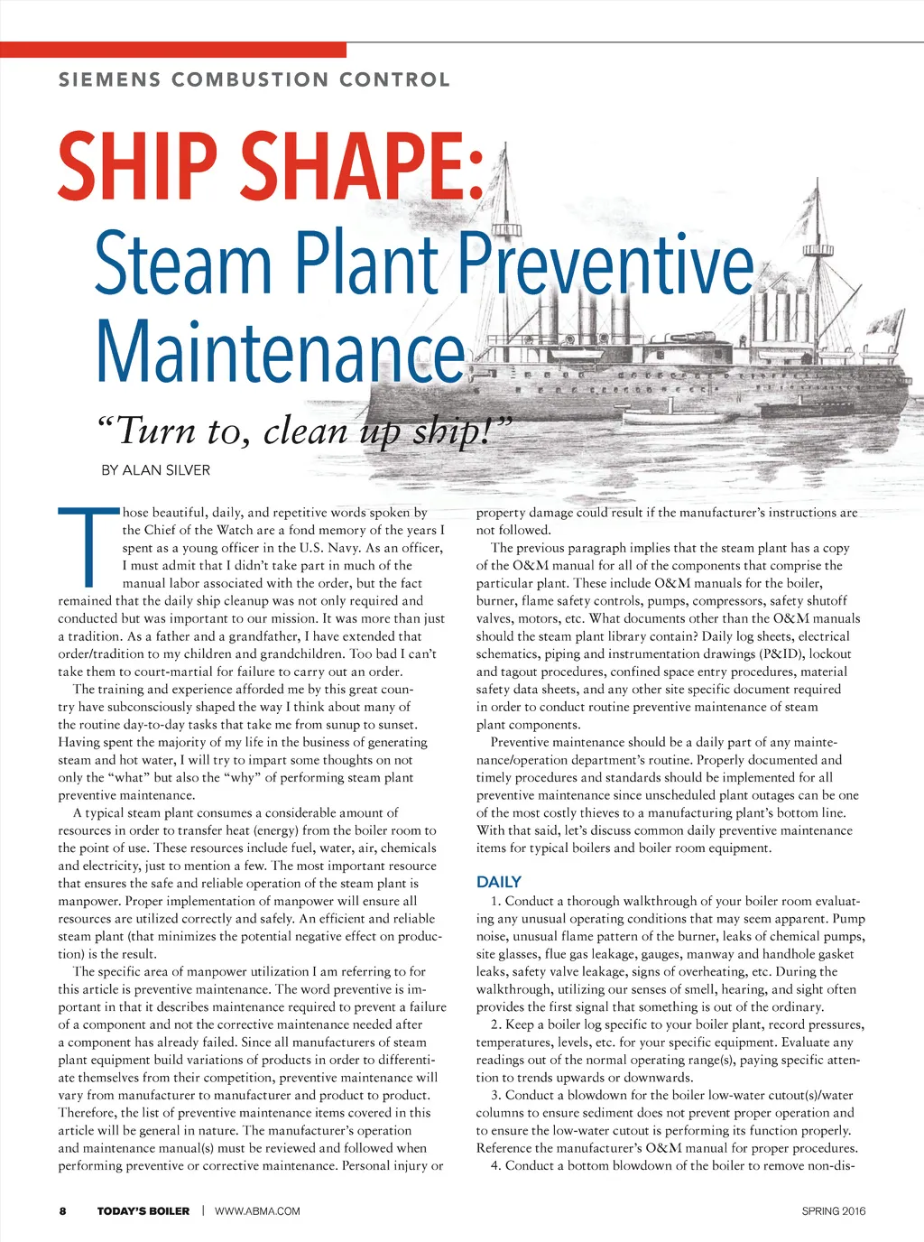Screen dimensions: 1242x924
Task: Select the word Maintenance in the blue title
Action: pos(279,352)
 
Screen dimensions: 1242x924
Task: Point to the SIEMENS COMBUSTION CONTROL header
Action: pos(254,79)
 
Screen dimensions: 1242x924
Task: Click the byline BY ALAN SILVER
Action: pos(155,470)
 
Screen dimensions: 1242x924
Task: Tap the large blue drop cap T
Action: pos(88,547)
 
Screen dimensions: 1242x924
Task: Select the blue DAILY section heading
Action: pos(498,882)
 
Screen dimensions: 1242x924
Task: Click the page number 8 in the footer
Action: pos(62,1210)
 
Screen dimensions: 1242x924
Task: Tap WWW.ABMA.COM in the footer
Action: pos(257,1210)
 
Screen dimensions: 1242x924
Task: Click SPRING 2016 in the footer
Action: pos(833,1210)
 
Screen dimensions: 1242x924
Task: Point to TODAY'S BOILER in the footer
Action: pos(143,1210)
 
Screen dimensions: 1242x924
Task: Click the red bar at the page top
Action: pos(172,50)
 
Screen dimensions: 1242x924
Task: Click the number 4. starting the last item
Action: pos(496,1165)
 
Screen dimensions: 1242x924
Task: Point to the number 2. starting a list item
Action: pos(496,1024)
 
